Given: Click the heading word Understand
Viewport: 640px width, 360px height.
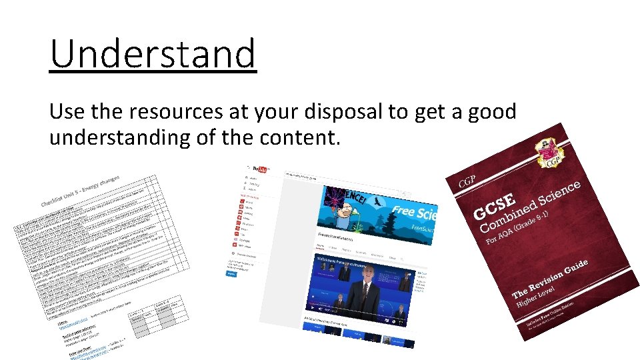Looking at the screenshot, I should tap(153, 54).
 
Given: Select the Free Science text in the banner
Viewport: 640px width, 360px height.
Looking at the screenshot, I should tap(414, 211).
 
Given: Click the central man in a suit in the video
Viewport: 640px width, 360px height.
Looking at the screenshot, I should tap(365, 291).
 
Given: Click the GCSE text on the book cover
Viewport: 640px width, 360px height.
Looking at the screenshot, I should tap(494, 207).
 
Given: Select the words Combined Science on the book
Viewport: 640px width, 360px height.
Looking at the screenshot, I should tap(533, 203).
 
